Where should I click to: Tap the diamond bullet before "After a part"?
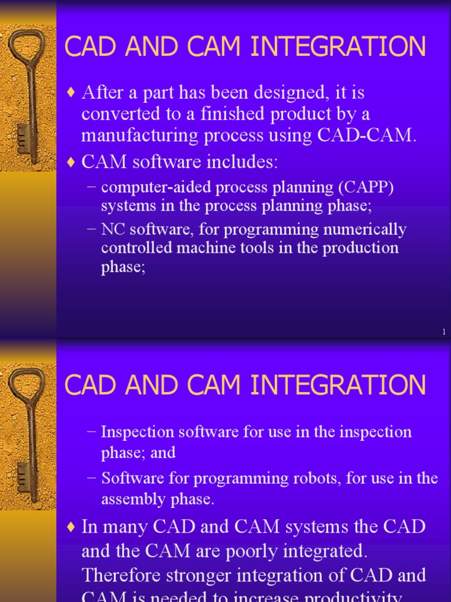[72, 93]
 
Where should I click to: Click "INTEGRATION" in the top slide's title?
[338, 48]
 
